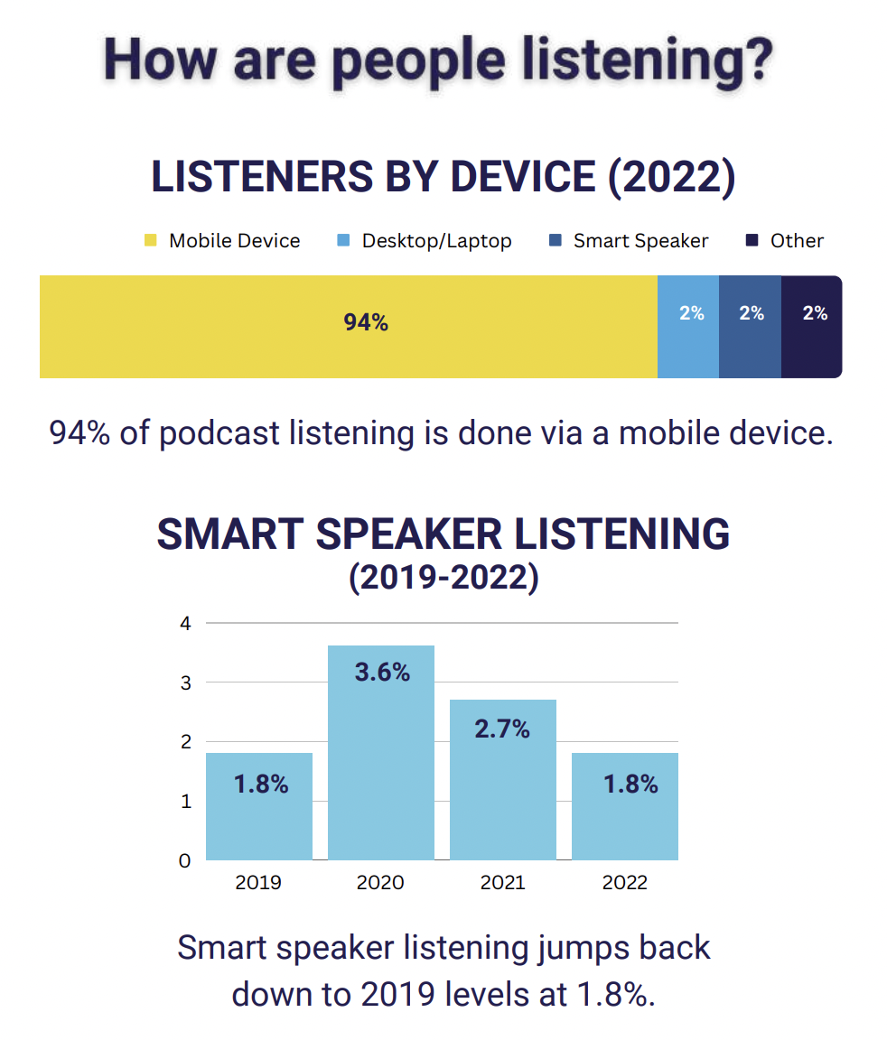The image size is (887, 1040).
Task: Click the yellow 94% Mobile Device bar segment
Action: pos(348,326)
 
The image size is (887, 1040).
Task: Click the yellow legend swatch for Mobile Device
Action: pos(150,241)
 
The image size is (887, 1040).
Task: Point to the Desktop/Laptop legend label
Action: pos(436,241)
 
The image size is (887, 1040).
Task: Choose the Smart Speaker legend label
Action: pos(640,241)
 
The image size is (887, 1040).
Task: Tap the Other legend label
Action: pos(797,241)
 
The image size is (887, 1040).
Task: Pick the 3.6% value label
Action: pos(382,673)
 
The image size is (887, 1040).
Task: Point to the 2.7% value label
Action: pos(502,729)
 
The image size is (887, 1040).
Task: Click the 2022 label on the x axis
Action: pos(625,882)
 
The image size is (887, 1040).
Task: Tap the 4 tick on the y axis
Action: pos(185,623)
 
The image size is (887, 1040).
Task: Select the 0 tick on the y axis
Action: pos(185,860)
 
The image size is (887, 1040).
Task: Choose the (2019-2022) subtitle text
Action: pos(443,578)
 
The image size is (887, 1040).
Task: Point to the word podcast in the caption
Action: pos(220,433)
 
